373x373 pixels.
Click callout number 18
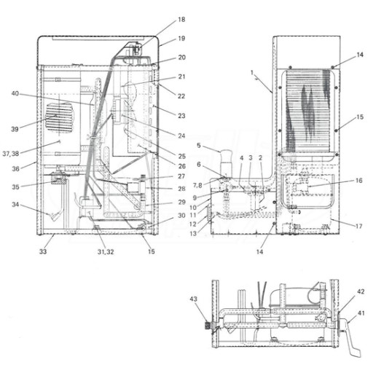[181, 19]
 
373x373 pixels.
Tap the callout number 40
[15, 93]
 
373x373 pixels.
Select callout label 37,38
[11, 154]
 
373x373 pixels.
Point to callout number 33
[43, 251]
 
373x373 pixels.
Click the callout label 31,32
[106, 252]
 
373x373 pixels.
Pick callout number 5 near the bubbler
[199, 146]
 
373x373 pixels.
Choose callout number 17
[359, 226]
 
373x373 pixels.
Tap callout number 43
[194, 299]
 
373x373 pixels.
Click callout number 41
[361, 313]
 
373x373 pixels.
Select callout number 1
[252, 72]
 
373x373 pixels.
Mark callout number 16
[359, 181]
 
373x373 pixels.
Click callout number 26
[182, 166]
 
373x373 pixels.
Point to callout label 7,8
[197, 186]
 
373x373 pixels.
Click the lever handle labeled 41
[350, 339]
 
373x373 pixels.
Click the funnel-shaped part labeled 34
[55, 216]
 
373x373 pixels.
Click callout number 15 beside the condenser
[360, 117]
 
